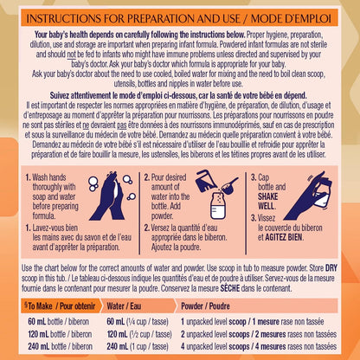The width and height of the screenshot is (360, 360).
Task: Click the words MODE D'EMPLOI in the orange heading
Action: point(291,19)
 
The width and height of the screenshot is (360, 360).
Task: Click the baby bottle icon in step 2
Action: point(219,204)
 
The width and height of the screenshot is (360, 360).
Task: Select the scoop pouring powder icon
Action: point(229,184)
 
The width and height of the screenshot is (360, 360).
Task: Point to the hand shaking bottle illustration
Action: point(308,196)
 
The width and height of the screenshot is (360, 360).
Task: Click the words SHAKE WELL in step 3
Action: point(268,202)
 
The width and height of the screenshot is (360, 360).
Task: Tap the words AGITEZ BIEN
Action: point(284,237)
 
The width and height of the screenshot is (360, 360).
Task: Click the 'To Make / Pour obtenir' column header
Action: point(60,305)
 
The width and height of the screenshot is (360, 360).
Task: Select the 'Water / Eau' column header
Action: point(124,305)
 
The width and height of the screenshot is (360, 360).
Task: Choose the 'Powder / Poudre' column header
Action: point(205,306)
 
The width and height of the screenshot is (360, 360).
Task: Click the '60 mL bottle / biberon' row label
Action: point(59,321)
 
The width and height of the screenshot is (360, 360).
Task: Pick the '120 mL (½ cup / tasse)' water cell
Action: point(139,334)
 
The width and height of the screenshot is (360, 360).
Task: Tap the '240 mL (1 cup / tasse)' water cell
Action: point(138,346)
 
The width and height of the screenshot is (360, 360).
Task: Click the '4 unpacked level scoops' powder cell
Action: point(259,346)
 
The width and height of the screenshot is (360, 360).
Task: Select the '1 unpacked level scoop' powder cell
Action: point(253,321)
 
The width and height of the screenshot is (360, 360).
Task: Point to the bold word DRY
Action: point(331,268)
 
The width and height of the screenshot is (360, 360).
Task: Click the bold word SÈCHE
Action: point(230,288)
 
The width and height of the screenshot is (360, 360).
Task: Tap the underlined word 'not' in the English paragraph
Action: point(72,55)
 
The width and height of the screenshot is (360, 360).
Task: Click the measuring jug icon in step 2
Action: point(206,181)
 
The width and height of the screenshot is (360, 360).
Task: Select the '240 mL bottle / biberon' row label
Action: point(60,346)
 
